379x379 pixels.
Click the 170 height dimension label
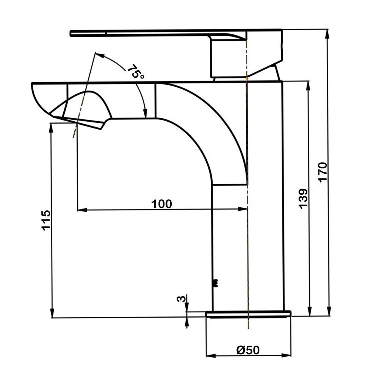pyautogui.click(x=323, y=172)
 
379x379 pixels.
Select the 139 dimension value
pyautogui.click(x=303, y=199)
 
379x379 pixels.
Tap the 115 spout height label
pyautogui.click(x=46, y=220)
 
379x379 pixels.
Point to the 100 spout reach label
pyautogui.click(x=161, y=204)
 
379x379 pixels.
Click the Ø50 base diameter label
pyautogui.click(x=248, y=350)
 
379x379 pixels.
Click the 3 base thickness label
pyautogui.click(x=182, y=299)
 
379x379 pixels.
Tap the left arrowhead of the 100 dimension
pyautogui.click(x=82, y=210)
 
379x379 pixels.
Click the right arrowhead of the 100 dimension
pyautogui.click(x=243, y=209)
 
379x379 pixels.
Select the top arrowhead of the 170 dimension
pyautogui.click(x=327, y=34)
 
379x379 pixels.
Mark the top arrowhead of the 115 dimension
pyautogui.click(x=51, y=128)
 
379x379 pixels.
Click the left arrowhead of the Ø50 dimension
pyautogui.click(x=211, y=356)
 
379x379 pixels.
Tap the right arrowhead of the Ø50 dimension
pyautogui.click(x=286, y=356)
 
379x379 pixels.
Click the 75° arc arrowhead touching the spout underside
pyautogui.click(x=145, y=113)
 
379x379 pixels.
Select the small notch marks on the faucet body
pyautogui.click(x=216, y=283)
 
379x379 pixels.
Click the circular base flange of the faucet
pyautogui.click(x=249, y=314)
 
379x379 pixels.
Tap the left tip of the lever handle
pyautogui.click(x=71, y=33)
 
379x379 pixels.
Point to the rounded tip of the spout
pyautogui.click(x=36, y=97)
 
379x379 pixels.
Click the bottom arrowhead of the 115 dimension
pyautogui.click(x=52, y=313)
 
